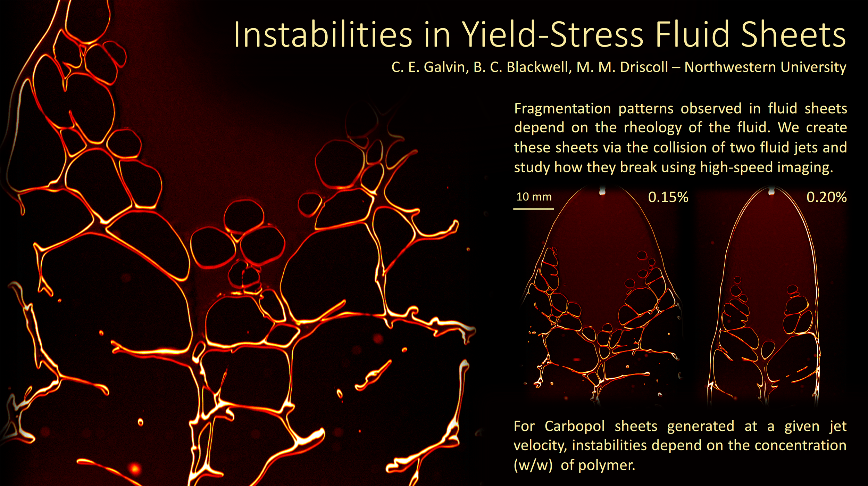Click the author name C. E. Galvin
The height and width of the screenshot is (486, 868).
(428, 67)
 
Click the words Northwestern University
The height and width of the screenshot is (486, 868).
(765, 67)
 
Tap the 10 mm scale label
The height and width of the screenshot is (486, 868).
(534, 197)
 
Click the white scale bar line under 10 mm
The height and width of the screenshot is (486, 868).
(534, 209)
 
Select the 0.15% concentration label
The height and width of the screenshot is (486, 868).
(668, 197)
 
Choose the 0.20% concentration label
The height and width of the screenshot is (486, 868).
(826, 197)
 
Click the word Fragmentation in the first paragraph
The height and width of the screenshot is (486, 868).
(562, 109)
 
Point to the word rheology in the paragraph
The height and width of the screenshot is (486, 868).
(653, 128)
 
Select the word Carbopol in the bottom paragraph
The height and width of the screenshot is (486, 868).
(575, 426)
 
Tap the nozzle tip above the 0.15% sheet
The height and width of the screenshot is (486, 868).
(602, 191)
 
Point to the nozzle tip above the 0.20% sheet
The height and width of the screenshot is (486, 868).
(771, 191)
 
